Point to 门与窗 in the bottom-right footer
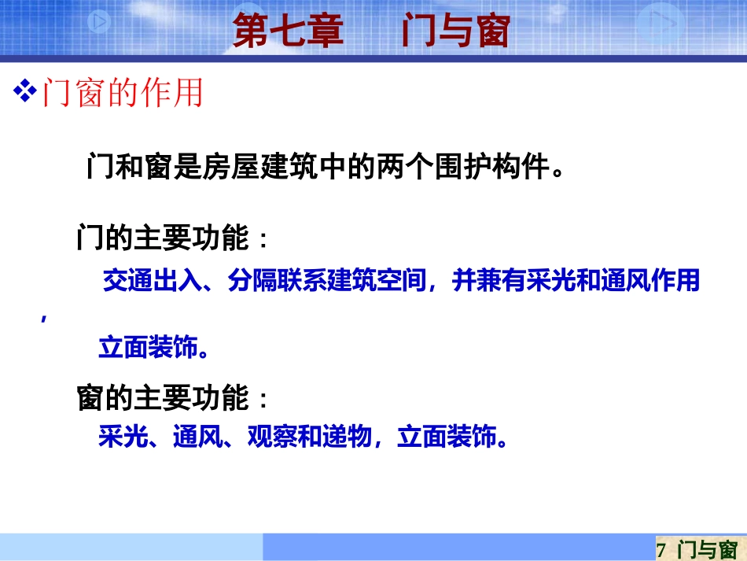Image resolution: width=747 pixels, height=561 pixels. click(706, 548)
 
